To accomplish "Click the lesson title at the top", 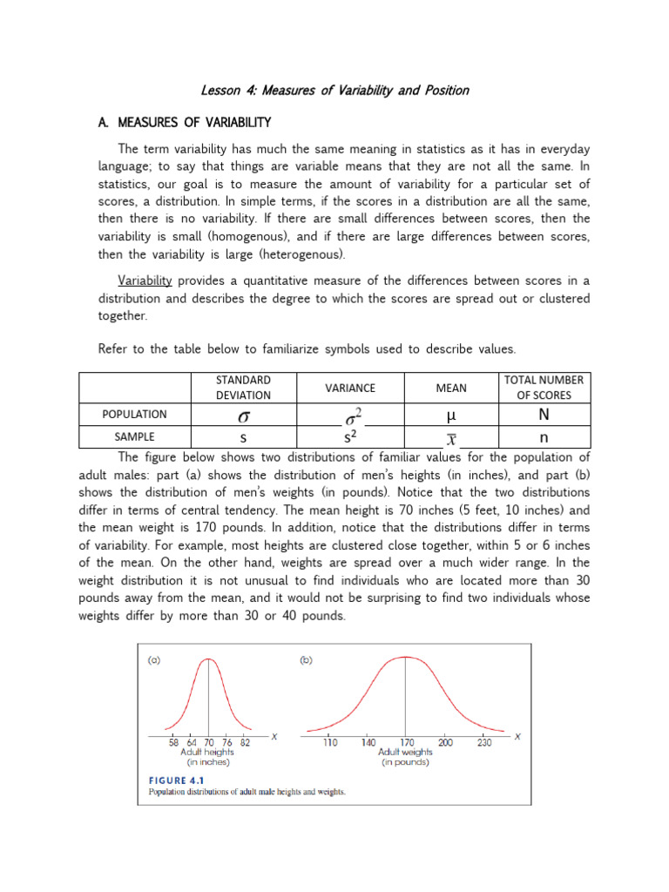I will click(x=335, y=90).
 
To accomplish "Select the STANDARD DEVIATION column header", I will click(x=243, y=388).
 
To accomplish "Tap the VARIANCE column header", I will click(x=349, y=388).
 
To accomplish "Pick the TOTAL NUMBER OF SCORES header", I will click(x=544, y=388).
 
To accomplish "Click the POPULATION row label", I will click(x=134, y=415).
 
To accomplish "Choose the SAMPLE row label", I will click(x=134, y=436).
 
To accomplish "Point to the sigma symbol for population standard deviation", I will click(x=244, y=416).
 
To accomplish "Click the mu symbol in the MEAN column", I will click(x=451, y=415).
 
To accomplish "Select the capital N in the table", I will click(x=544, y=415).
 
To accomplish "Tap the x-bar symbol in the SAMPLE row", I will click(x=451, y=437).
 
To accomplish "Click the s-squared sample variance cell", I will click(x=350, y=436).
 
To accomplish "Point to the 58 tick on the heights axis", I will click(x=174, y=742).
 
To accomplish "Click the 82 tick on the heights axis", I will click(x=246, y=742).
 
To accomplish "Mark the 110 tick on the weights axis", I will click(x=330, y=742).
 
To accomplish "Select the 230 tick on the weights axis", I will click(x=483, y=742).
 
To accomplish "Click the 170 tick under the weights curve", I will click(x=407, y=742).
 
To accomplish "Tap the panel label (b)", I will click(x=306, y=660).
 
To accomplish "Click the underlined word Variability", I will click(x=145, y=280).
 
